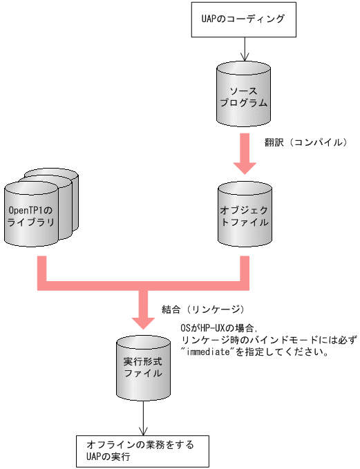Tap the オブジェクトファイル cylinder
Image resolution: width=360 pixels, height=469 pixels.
[x=244, y=216]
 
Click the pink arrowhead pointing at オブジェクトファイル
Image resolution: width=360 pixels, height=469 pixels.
[x=244, y=168]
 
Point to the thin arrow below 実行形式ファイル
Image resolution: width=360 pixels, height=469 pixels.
[x=143, y=420]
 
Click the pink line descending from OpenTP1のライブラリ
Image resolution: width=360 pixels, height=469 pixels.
[x=41, y=269]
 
